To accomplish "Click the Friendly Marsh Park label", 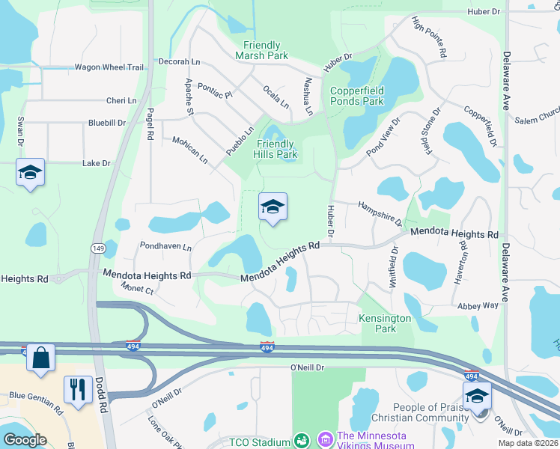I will (x=261, y=51).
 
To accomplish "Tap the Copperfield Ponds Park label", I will (x=357, y=96).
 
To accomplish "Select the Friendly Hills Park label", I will (x=277, y=150).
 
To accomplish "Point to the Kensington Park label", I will (x=385, y=323).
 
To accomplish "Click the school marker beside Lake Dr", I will (x=31, y=173).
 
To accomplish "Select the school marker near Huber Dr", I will (x=273, y=207).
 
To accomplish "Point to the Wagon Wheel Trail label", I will (x=109, y=67).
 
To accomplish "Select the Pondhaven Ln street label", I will (x=165, y=246).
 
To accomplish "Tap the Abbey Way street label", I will (x=479, y=305).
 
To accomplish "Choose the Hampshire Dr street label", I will (x=380, y=213).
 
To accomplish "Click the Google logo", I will (x=25, y=440).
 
